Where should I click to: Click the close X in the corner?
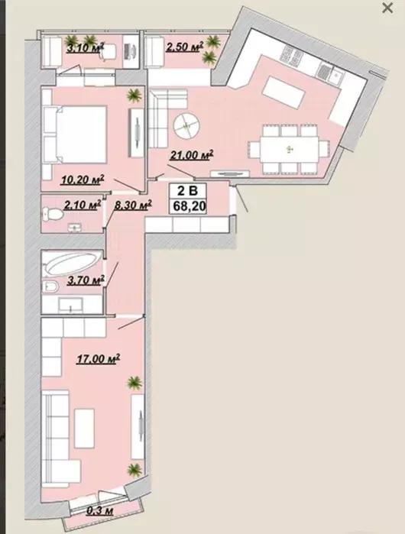[387, 8]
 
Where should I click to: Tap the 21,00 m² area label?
[192, 155]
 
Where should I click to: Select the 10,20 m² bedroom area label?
[82, 180]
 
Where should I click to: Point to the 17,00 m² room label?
[98, 358]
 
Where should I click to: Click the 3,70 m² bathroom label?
[85, 280]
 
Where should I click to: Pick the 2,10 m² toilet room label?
[82, 205]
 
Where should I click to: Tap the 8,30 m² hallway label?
[132, 205]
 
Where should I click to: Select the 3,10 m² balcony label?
[85, 47]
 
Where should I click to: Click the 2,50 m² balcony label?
[185, 47]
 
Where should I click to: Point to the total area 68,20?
[188, 206]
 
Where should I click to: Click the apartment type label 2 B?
[188, 191]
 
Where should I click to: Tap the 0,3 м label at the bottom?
[99, 510]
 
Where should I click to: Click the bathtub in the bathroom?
[73, 263]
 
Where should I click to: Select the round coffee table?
[186, 126]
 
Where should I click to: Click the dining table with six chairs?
[290, 149]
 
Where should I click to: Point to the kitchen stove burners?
[290, 54]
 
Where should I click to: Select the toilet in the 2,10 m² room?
[53, 215]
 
